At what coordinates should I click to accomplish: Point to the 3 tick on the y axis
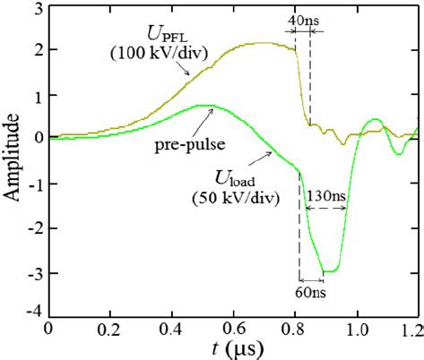click(x=38, y=9)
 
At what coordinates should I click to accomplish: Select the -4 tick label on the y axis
click(x=34, y=311)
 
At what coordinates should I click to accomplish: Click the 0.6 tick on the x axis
click(x=233, y=327)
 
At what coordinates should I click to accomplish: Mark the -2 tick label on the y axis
click(x=34, y=225)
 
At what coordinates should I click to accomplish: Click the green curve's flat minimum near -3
click(x=330, y=270)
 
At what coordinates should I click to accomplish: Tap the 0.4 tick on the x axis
click(x=171, y=327)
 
